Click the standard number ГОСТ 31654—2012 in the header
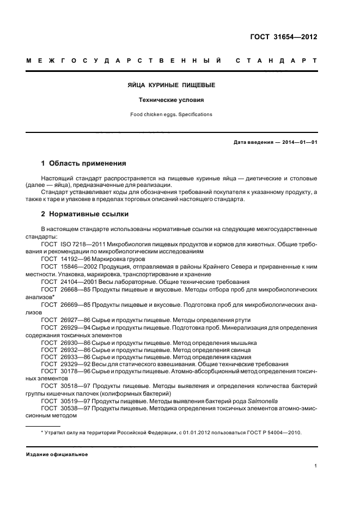pyautogui.click(x=284, y=37)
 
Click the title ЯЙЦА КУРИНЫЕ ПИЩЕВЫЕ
pyautogui.click(x=171, y=85)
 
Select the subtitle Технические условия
pyautogui.click(x=171, y=100)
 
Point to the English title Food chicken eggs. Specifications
pyautogui.click(x=171, y=114)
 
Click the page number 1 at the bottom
pyautogui.click(x=315, y=466)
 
